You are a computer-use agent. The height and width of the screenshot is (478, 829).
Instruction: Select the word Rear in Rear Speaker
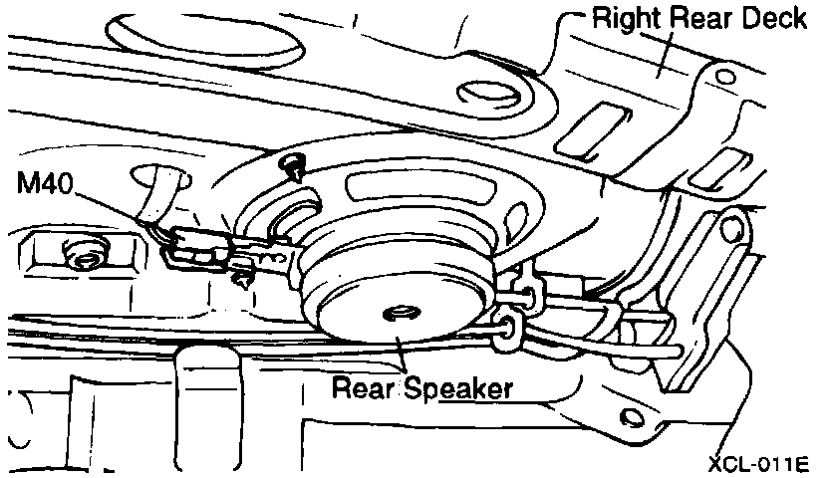365,387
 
